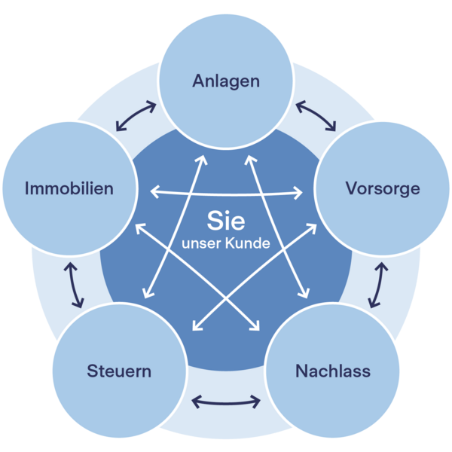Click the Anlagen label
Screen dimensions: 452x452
(x=225, y=81)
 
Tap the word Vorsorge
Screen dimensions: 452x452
(x=382, y=188)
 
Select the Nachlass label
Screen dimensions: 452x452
(x=333, y=371)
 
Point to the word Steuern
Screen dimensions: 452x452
(x=119, y=371)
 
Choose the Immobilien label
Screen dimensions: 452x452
(x=69, y=188)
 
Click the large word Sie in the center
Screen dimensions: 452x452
(x=225, y=222)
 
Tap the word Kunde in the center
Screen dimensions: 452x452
(x=249, y=244)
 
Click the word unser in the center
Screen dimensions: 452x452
(x=203, y=244)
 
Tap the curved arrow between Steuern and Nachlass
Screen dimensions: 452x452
(x=226, y=402)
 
